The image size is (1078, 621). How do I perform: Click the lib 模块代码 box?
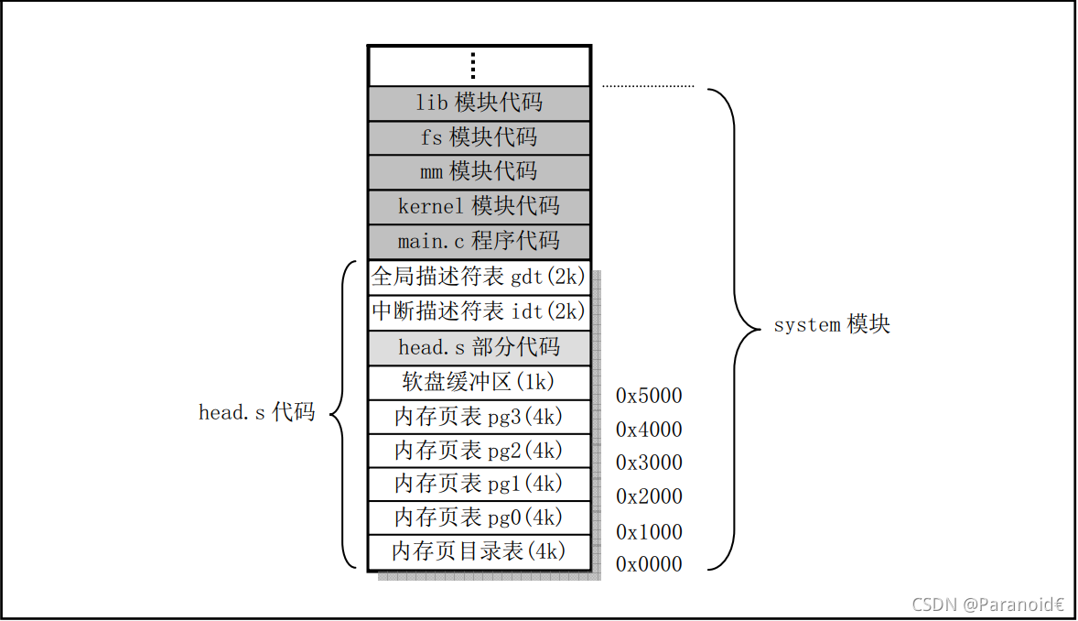(480, 103)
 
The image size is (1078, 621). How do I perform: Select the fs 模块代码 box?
(480, 137)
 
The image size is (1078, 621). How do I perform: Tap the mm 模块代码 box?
(480, 172)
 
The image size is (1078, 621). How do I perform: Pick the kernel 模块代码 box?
(480, 206)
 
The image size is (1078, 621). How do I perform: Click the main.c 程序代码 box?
(480, 242)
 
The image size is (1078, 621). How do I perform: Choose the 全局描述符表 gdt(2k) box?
(480, 278)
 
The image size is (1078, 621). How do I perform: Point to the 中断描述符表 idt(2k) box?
(480, 312)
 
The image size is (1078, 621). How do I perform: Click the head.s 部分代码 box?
(480, 348)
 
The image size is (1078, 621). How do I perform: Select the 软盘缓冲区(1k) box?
(480, 383)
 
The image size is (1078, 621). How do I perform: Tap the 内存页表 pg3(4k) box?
(480, 418)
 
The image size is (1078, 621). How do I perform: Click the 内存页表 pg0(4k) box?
(480, 517)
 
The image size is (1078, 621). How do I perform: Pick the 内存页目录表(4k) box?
(480, 552)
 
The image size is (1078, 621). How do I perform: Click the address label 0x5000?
(649, 396)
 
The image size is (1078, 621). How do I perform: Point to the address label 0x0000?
(649, 564)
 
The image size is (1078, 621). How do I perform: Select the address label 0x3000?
(649, 463)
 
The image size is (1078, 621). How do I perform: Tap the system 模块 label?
(832, 324)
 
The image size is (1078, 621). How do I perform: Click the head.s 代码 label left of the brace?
(256, 412)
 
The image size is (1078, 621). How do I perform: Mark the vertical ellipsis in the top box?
(473, 65)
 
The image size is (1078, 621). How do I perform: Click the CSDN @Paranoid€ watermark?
(988, 605)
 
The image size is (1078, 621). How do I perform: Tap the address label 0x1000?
(649, 532)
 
